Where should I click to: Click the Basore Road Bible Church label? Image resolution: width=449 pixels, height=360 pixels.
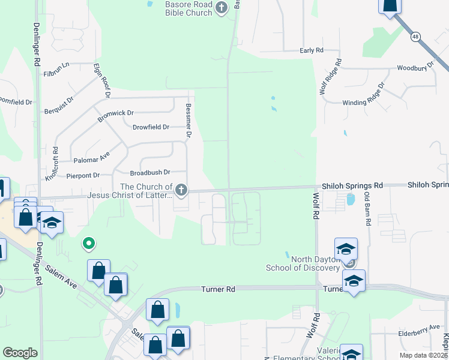tap(188, 8)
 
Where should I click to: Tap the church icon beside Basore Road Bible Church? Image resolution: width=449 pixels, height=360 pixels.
tap(222, 8)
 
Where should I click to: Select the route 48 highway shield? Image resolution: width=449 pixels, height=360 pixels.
tap(415, 37)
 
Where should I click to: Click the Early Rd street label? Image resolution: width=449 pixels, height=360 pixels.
tap(312, 50)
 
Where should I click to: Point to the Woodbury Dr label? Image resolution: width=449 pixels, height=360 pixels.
tap(415, 68)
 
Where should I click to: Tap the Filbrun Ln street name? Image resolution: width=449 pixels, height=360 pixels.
tap(56, 73)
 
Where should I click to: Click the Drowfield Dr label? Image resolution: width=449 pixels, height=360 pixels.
tap(151, 127)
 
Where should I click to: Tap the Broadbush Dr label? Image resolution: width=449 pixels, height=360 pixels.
tap(151, 172)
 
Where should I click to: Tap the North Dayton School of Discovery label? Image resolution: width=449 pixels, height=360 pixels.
tap(303, 263)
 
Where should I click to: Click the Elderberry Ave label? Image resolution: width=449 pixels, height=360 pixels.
tap(419, 328)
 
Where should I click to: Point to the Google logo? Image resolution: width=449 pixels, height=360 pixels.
tap(20, 353)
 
